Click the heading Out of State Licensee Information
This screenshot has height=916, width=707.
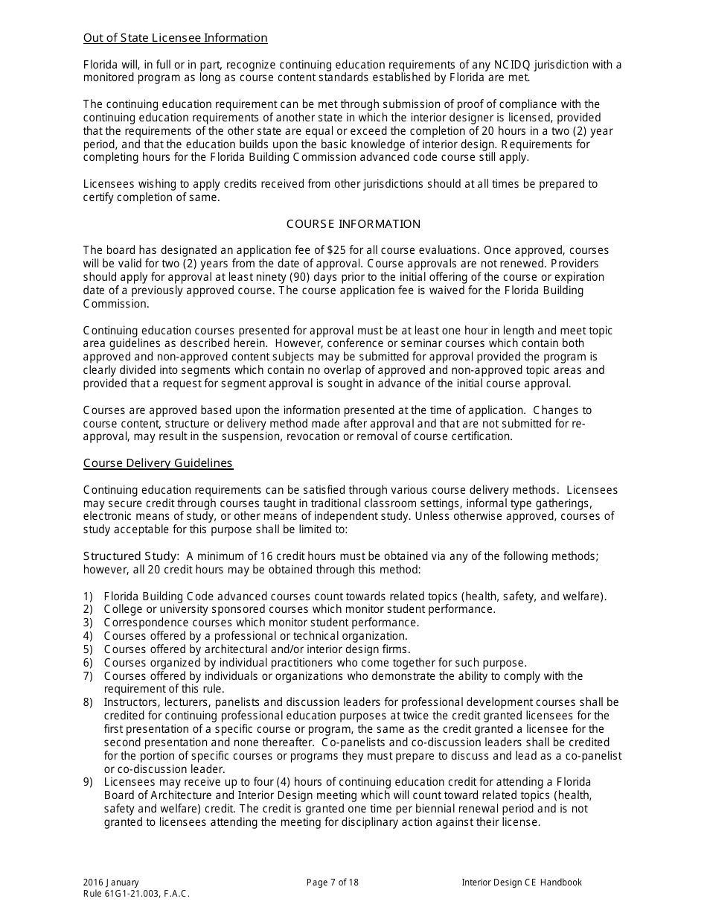(175, 38)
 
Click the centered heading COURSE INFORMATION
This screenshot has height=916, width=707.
(353, 224)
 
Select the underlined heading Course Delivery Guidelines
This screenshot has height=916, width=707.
(158, 463)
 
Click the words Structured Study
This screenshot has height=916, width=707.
(131, 556)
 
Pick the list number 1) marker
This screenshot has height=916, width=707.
(88, 596)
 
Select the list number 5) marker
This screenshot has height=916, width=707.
(88, 649)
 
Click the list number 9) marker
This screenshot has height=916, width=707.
(88, 782)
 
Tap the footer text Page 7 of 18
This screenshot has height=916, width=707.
(333, 882)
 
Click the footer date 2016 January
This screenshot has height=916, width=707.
(111, 882)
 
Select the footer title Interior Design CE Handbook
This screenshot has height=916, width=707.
(522, 882)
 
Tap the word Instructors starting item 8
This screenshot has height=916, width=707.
(129, 702)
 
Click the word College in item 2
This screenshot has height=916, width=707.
(122, 609)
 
